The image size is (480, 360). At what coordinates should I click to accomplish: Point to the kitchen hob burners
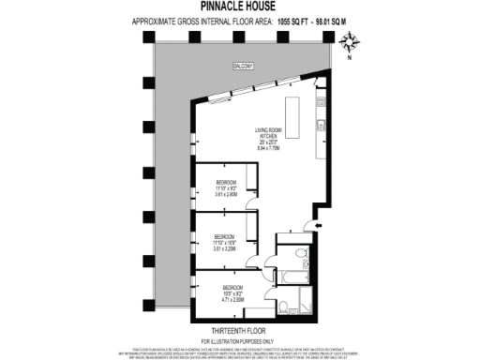[x=322, y=102]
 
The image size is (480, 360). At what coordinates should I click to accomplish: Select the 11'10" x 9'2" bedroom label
[x=226, y=186]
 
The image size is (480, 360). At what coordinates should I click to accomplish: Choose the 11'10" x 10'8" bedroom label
[x=223, y=241]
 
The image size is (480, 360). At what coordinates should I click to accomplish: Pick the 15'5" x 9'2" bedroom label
[x=232, y=292]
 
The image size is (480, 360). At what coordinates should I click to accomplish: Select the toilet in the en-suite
[x=285, y=307]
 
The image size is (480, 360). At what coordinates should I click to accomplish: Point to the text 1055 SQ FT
[x=292, y=20]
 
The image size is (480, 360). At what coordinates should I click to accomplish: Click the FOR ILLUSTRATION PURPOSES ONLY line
[x=240, y=340]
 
